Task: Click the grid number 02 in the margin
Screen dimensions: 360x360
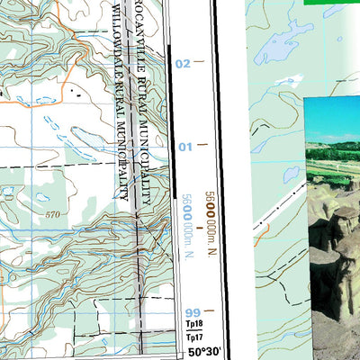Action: point(184,63)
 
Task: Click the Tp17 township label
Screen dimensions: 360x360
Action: point(193,337)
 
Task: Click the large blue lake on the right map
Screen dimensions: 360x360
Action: point(286,49)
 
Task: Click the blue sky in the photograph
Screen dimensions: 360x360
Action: point(333,117)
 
